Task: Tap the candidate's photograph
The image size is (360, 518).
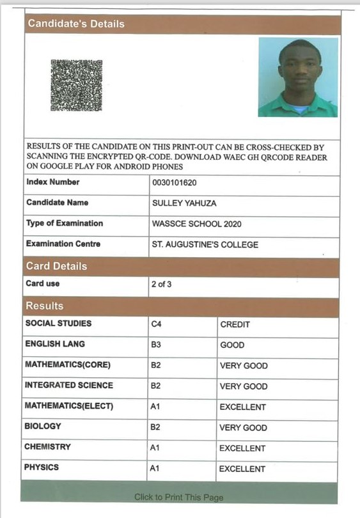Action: (x=298, y=77)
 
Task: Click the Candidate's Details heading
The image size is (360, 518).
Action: (x=76, y=24)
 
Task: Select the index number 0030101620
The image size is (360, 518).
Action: (x=175, y=183)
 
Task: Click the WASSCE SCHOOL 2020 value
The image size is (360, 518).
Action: (x=196, y=224)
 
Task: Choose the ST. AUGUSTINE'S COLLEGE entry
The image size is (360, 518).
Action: (x=205, y=245)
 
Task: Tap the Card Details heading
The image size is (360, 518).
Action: (x=56, y=266)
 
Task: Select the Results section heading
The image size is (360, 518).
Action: (x=45, y=306)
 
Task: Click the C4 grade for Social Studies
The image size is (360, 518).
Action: (x=157, y=325)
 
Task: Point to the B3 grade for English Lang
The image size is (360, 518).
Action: (x=157, y=345)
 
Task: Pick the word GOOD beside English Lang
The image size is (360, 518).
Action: (x=233, y=345)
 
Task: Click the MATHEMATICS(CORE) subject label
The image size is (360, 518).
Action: (x=68, y=365)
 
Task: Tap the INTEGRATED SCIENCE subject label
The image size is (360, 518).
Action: (x=69, y=386)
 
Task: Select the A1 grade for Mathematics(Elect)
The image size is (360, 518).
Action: (x=155, y=407)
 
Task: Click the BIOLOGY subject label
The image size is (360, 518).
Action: (x=43, y=426)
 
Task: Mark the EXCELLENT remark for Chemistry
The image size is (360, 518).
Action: (x=242, y=448)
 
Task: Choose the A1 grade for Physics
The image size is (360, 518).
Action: (x=155, y=469)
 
